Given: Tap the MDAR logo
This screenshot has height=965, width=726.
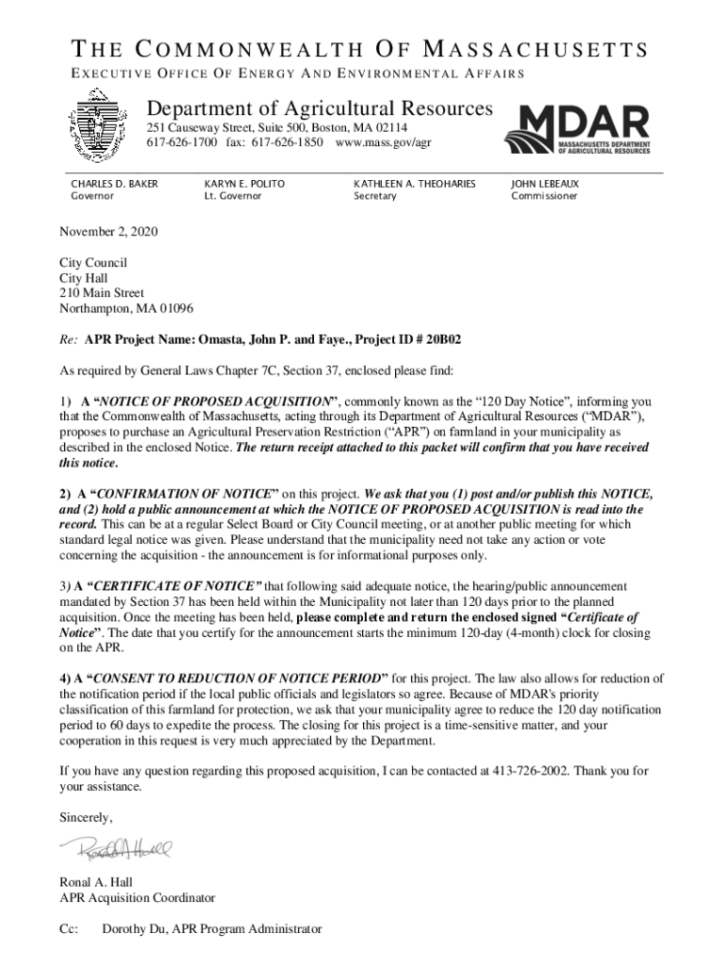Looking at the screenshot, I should (x=577, y=128).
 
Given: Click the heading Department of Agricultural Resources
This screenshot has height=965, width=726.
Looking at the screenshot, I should (x=319, y=108).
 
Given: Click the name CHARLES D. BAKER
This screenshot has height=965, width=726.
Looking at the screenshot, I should (x=115, y=183).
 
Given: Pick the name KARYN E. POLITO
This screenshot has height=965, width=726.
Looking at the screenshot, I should (x=244, y=183).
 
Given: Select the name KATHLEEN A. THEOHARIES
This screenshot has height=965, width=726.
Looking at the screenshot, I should (x=414, y=183).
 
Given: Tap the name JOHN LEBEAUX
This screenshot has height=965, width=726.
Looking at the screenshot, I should (x=545, y=183).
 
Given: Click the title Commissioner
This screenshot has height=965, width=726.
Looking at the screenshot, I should (x=544, y=196).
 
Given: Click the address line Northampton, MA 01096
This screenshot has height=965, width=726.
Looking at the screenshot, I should (x=126, y=308).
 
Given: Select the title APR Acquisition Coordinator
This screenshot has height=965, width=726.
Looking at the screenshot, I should (x=138, y=897).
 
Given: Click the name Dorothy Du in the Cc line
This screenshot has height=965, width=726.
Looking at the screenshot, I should (x=135, y=928).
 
